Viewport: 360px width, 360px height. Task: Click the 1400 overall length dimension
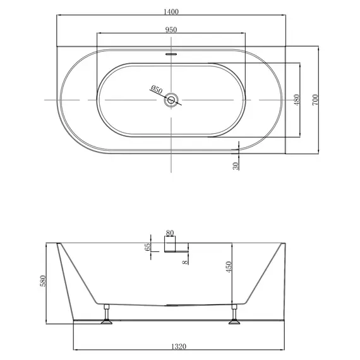click(172, 11)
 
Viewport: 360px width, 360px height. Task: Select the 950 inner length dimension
click(171, 30)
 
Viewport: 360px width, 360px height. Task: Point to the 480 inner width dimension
click(296, 99)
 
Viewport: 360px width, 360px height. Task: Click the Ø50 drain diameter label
click(157, 90)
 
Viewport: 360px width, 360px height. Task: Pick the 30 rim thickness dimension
click(236, 165)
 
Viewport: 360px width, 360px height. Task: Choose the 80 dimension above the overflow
click(169, 233)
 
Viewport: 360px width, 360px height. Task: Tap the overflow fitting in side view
click(172, 249)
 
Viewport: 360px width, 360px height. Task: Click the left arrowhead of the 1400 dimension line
click(59, 15)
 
